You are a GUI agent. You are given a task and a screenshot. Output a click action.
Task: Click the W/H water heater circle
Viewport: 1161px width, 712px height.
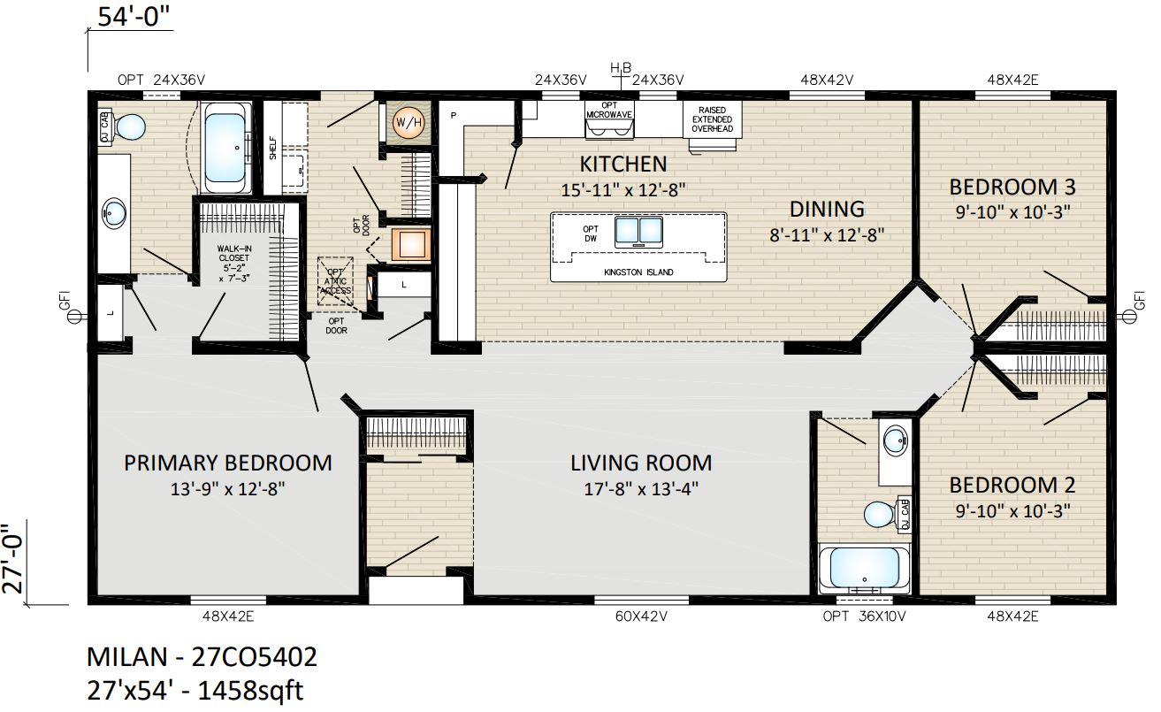point(409,123)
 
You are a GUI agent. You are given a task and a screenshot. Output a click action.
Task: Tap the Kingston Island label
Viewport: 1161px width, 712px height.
point(638,272)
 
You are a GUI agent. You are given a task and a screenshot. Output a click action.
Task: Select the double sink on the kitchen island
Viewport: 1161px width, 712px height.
point(638,231)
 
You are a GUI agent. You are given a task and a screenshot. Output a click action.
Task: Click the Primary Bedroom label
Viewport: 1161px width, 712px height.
point(228,463)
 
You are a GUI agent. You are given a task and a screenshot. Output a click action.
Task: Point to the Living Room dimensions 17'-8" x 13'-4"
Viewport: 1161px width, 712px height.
point(641,488)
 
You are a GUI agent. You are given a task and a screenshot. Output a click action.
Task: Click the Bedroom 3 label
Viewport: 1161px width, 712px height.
point(1012,187)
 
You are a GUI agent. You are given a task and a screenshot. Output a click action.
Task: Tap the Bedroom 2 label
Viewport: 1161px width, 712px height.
point(1012,486)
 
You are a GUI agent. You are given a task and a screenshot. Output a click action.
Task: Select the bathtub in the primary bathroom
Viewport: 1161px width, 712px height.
point(225,148)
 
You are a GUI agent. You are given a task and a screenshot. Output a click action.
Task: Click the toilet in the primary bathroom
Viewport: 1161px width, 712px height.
point(128,126)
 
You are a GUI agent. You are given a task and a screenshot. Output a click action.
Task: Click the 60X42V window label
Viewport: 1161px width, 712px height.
point(641,616)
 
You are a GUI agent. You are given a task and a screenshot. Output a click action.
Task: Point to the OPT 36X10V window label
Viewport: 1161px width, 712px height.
point(864,616)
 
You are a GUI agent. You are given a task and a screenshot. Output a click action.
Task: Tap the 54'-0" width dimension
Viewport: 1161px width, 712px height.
point(134,16)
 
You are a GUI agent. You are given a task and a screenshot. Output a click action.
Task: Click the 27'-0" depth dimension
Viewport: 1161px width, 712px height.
point(13,559)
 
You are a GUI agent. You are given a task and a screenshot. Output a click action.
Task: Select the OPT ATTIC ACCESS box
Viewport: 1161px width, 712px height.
point(335,281)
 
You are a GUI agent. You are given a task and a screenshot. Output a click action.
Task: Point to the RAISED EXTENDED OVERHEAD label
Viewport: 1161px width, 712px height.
point(712,119)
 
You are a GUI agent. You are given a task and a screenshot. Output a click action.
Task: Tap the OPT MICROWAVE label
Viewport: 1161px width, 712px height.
point(609,110)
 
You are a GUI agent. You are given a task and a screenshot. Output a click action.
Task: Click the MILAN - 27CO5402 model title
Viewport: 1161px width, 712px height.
point(202,657)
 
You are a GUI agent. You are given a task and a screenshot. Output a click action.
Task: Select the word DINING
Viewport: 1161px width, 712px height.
point(827,209)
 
